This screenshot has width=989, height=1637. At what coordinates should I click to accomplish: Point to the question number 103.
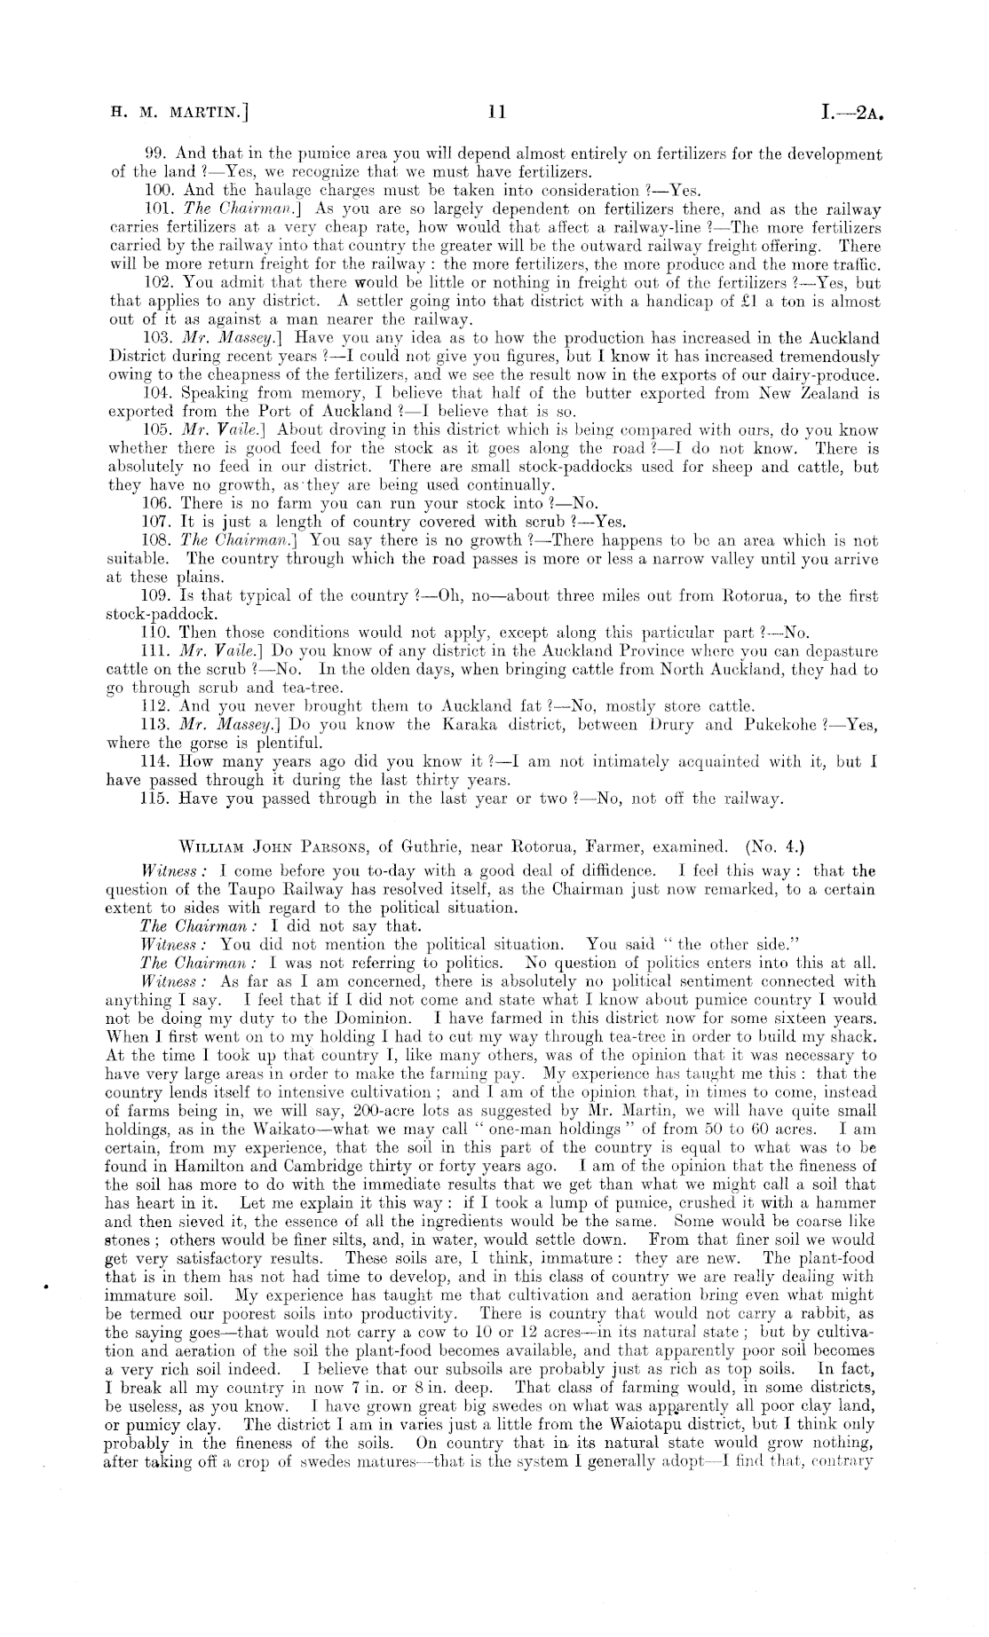coord(158,338)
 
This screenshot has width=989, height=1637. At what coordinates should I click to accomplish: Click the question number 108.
coord(158,540)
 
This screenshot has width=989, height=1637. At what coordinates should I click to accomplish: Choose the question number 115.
coord(157,799)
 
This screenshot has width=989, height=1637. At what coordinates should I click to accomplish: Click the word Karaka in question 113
coord(463,725)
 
